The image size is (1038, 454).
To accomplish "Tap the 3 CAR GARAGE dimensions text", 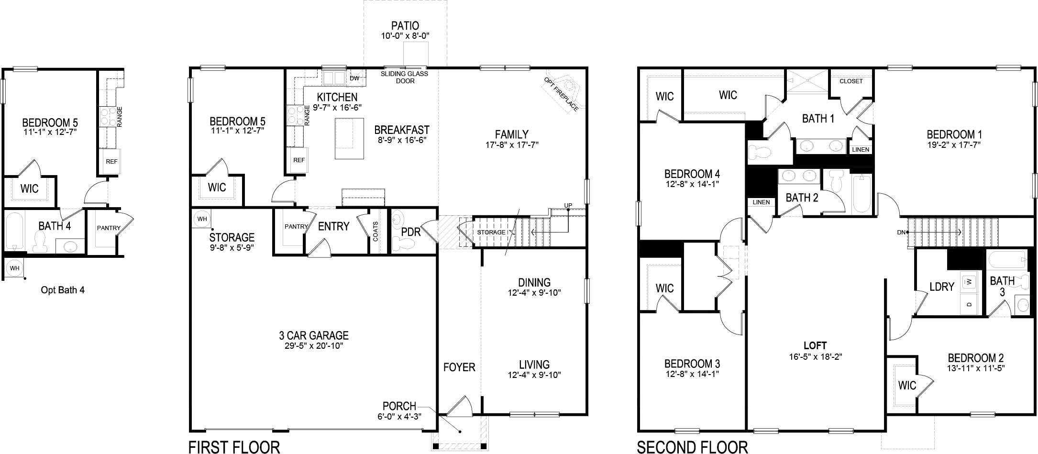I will click(314, 345).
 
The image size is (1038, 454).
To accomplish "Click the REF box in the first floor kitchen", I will click(299, 160).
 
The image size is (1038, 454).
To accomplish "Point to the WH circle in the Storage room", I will click(202, 219).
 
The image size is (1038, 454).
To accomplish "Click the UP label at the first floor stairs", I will click(568, 206).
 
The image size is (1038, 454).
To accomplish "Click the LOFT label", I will click(815, 345).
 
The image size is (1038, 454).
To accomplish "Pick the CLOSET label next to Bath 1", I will click(851, 81).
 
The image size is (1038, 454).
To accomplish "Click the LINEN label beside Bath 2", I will click(761, 202).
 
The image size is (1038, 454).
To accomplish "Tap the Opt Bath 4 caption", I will click(63, 290).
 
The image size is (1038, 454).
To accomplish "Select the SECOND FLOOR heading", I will click(692, 447).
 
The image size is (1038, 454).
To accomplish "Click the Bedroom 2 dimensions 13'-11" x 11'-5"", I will click(975, 368).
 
